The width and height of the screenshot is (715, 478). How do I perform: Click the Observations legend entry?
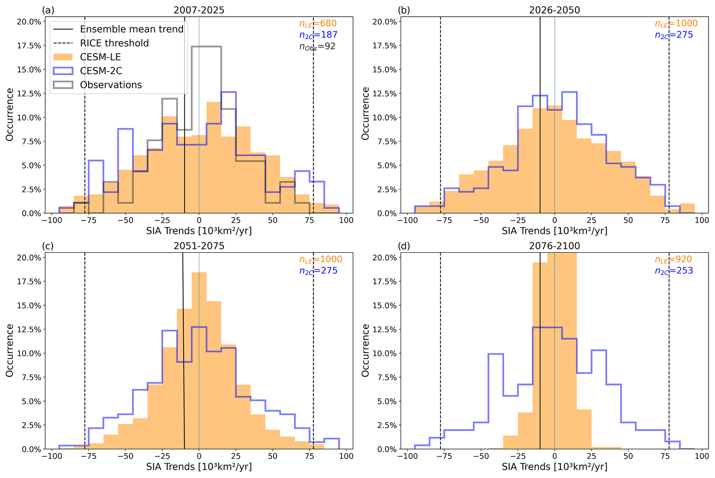[111, 85]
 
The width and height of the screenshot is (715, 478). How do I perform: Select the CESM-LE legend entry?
[100, 57]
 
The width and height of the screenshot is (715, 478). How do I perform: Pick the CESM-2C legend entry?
[101, 71]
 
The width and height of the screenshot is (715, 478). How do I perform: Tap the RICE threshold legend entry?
[114, 43]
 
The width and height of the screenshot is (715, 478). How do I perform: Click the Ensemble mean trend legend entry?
[131, 29]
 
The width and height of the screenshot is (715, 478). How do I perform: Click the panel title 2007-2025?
[199, 10]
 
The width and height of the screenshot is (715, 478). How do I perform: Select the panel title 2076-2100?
[554, 246]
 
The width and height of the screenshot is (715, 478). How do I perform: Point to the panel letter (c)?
[48, 246]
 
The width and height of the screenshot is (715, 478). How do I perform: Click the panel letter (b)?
[404, 10]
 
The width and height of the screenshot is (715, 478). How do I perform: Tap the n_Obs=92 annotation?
[317, 46]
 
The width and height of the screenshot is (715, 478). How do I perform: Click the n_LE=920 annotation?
[673, 260]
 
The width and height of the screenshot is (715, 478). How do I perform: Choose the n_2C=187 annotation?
[318, 35]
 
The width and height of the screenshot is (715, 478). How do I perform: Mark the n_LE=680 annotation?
[318, 24]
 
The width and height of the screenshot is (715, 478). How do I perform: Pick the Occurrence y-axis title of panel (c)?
[10, 350]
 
